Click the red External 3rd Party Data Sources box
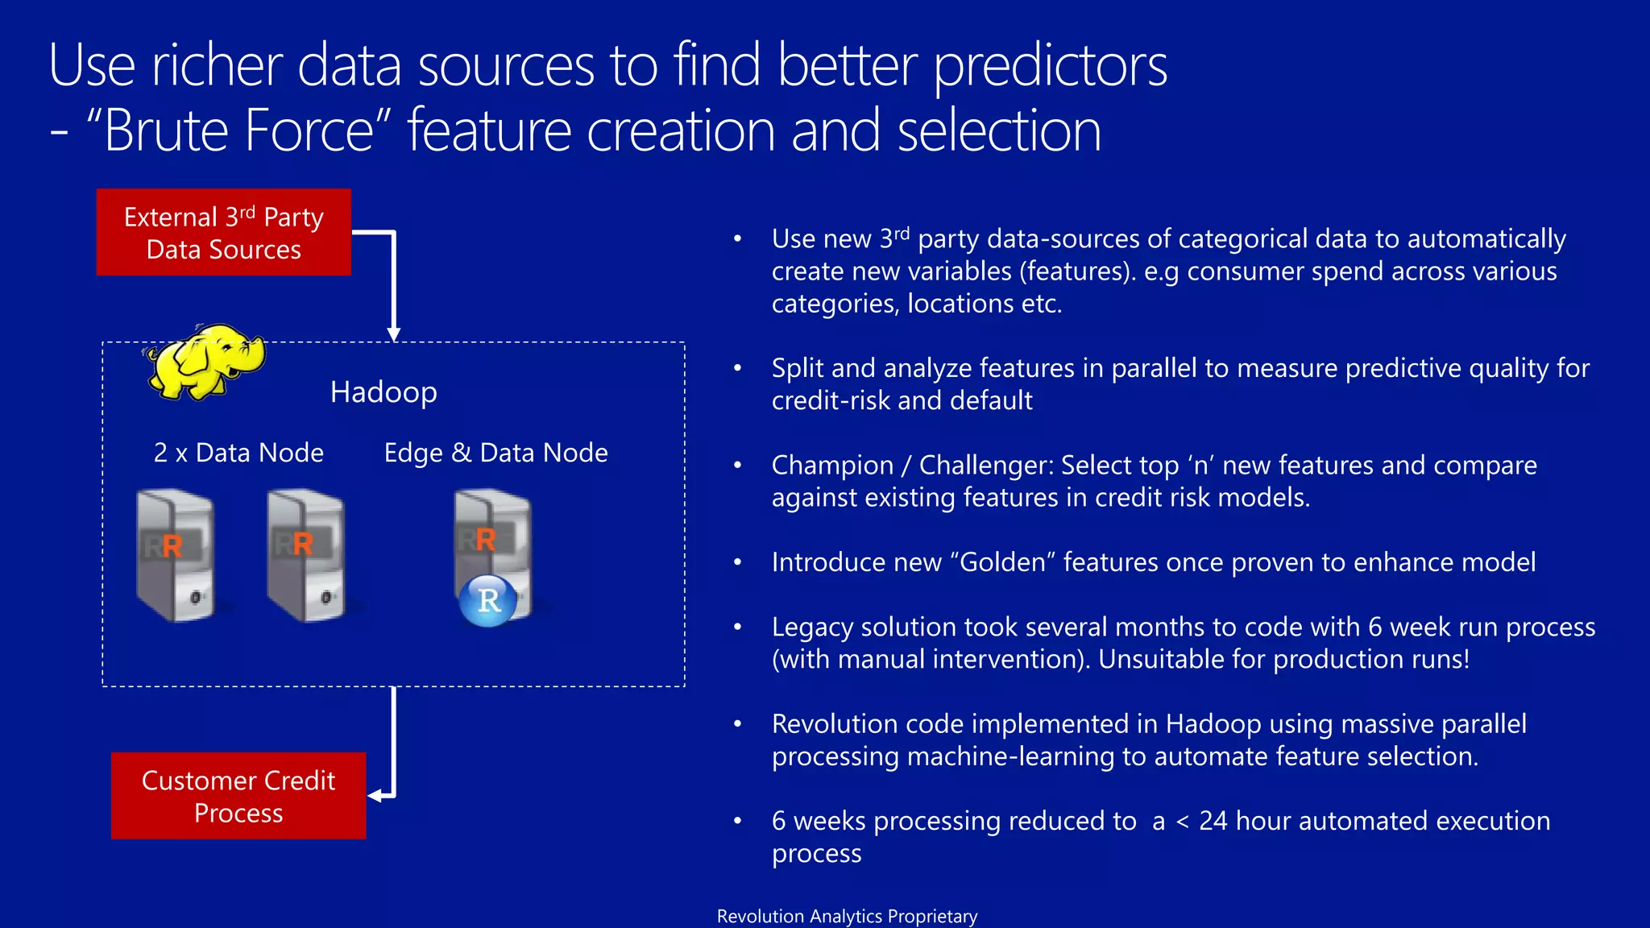(223, 233)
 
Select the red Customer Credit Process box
(238, 796)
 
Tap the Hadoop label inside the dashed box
(383, 392)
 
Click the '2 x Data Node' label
(238, 453)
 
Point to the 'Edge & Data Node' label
(495, 453)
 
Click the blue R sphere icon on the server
(488, 600)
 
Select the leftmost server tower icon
(176, 556)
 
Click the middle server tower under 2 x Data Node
(306, 556)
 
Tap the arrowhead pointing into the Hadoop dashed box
(393, 334)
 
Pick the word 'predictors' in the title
(1050, 66)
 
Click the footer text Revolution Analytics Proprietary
(847, 916)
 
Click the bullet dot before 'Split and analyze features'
(736, 368)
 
